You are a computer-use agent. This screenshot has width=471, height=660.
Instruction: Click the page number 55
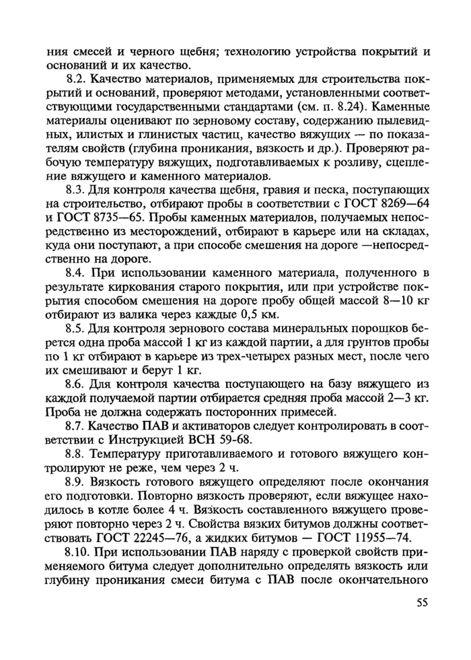(422, 603)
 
